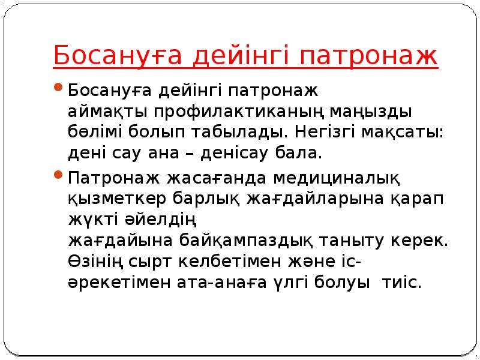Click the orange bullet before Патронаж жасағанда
[x=58, y=175]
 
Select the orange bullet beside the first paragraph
[x=58, y=87]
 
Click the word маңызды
[x=371, y=112]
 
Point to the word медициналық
[x=337, y=179]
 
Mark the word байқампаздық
[x=246, y=241]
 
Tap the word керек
[x=419, y=241]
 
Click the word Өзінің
[x=95, y=262]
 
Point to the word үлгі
[x=290, y=282]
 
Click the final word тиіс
[x=401, y=282]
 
